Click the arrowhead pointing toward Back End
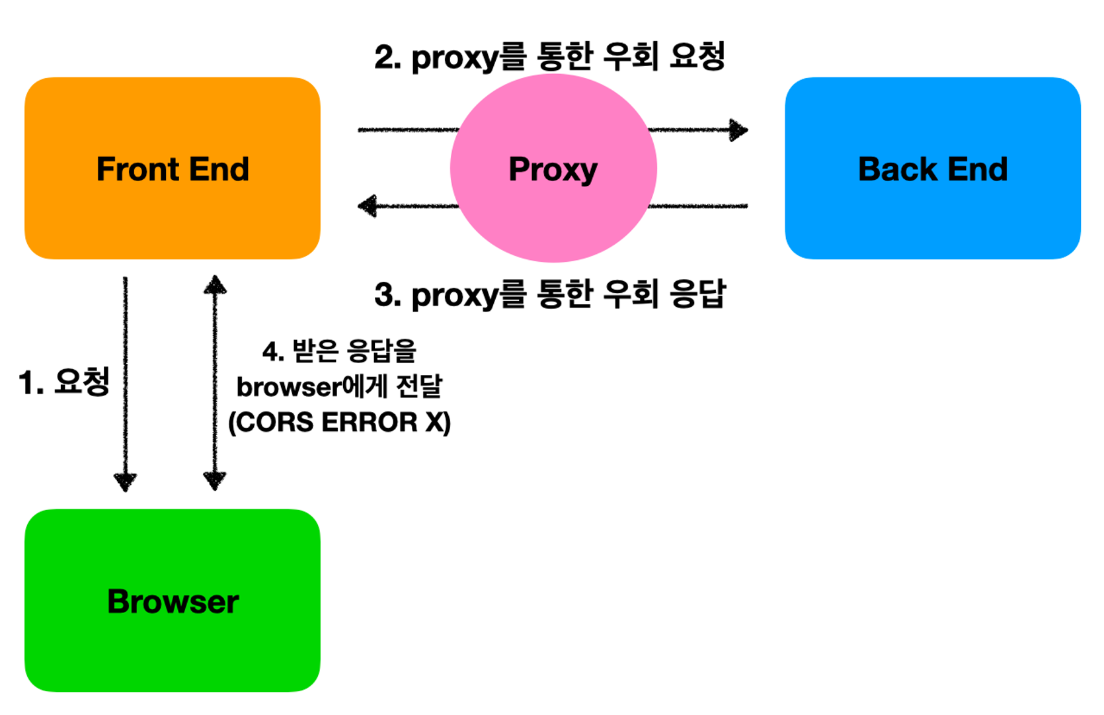click(739, 130)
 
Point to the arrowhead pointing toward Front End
click(367, 206)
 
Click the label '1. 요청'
click(64, 382)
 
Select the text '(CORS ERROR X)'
click(339, 422)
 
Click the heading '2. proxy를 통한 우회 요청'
click(550, 57)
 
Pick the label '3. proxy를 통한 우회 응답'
click(550, 294)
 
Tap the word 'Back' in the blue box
click(897, 169)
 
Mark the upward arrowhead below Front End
click(215, 285)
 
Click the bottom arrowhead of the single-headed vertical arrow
click(125, 482)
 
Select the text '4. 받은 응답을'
click(339, 351)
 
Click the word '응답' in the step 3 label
click(698, 294)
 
